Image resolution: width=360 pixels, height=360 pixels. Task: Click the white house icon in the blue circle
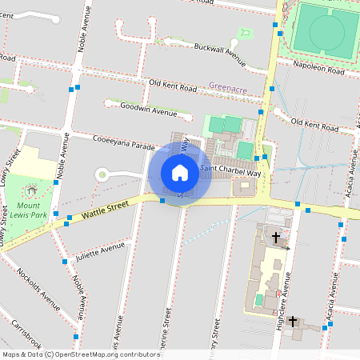pos(180,172)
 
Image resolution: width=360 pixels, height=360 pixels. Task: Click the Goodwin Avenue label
pos(147,108)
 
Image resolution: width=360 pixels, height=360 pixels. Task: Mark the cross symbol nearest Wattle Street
pos(277,238)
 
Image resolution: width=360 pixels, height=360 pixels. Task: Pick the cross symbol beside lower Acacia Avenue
pos(293,321)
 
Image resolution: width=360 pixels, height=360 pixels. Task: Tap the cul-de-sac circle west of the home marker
pos(102,174)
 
